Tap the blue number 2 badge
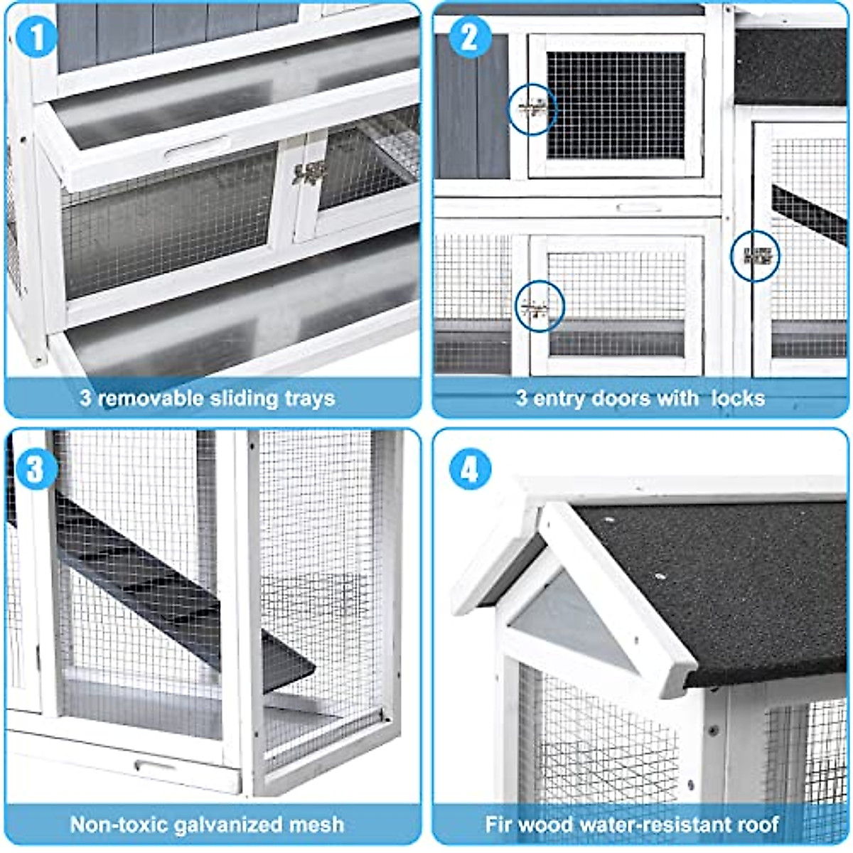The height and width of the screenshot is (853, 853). [468, 36]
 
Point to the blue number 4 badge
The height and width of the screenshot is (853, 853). [470, 468]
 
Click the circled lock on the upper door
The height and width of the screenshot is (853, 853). [532, 110]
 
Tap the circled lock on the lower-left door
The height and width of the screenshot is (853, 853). [539, 306]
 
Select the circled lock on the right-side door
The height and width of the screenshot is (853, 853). [756, 256]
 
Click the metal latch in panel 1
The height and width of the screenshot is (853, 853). [309, 173]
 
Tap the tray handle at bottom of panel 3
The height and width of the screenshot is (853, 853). [154, 766]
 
